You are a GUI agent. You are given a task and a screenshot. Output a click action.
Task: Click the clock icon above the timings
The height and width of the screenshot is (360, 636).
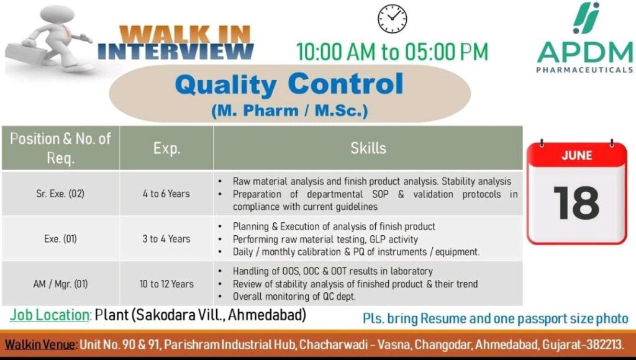click(393, 19)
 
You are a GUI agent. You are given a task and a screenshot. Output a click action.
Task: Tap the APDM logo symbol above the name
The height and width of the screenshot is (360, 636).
click(586, 18)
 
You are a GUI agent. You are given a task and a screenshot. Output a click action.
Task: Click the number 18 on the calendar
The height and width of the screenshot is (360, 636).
click(576, 203)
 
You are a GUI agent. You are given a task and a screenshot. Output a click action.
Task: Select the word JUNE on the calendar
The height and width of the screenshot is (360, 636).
click(576, 155)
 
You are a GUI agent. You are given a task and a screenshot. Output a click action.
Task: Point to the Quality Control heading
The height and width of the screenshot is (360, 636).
click(289, 84)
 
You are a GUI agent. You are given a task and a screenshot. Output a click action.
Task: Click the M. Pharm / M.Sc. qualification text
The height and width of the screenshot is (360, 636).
click(289, 110)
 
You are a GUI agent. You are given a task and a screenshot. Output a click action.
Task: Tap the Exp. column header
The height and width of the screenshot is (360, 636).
click(166, 148)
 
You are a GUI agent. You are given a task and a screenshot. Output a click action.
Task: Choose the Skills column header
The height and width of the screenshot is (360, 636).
click(368, 148)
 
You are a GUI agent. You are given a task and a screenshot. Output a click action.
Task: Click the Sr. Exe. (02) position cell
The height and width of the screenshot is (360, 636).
click(60, 194)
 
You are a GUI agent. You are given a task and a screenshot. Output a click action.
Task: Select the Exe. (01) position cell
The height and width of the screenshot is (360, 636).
click(60, 239)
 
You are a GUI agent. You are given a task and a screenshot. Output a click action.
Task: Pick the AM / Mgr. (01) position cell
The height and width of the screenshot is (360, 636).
click(60, 284)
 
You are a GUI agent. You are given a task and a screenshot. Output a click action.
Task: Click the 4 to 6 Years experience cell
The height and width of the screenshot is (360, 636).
click(166, 194)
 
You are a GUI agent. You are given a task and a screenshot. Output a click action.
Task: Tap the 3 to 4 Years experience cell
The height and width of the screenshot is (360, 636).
click(166, 239)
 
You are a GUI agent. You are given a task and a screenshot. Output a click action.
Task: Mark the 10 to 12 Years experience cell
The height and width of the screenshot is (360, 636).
click(166, 284)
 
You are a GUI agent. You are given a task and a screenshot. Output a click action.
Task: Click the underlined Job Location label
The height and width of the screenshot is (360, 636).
click(50, 315)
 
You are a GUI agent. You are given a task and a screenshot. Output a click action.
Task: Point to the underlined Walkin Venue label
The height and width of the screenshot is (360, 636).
click(40, 344)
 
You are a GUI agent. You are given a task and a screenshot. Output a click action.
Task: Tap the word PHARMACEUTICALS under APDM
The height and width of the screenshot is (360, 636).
click(584, 70)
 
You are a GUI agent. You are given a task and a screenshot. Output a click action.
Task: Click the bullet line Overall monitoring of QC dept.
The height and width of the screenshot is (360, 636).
click(294, 296)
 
